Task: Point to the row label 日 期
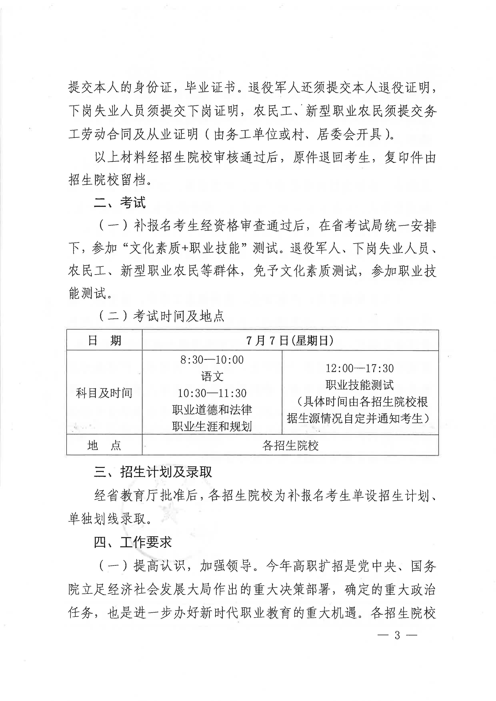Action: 104,340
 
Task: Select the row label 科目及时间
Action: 104,393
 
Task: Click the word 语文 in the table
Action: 212,376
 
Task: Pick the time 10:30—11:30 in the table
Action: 212,393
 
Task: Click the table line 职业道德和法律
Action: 212,409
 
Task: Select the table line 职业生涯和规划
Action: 212,426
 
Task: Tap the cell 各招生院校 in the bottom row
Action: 290,446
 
